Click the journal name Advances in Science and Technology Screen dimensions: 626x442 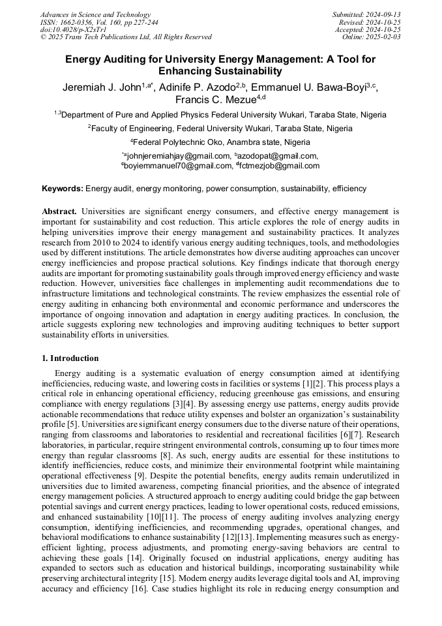[95, 14]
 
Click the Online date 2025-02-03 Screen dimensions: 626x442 [385, 37]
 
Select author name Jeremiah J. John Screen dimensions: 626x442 [102, 87]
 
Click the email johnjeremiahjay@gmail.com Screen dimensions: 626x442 [179, 155]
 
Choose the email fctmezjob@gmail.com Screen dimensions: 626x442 [279, 166]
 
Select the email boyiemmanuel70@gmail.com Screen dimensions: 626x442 [179, 166]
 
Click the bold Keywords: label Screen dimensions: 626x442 [63, 189]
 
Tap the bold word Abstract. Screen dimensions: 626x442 [59, 211]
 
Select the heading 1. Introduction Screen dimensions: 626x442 [70, 358]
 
